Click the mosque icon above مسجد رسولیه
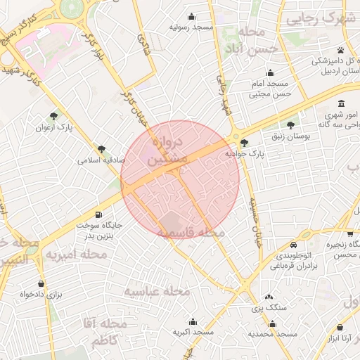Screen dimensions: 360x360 191,17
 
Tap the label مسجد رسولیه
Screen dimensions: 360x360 191,27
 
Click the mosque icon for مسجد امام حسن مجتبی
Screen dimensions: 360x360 271,72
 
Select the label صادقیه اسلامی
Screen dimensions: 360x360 101,160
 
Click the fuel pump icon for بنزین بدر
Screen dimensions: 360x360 98,215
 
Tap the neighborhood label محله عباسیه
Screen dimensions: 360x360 158,290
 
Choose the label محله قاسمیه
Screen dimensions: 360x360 191,232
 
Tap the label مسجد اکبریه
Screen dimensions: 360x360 192,331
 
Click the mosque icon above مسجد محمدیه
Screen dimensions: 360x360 273,323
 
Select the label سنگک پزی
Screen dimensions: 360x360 256,308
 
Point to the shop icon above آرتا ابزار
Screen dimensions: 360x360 340,328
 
